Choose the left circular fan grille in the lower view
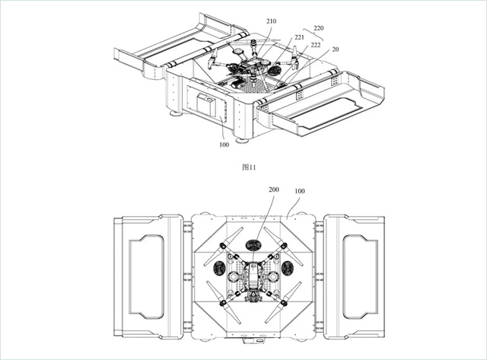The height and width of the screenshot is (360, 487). click(x=217, y=269)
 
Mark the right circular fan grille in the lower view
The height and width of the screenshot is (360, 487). click(x=289, y=269)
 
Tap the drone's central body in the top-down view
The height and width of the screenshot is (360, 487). click(x=253, y=276)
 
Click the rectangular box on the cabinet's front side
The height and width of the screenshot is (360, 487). click(x=205, y=107)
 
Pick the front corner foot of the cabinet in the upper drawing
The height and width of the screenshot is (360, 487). click(x=243, y=140)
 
